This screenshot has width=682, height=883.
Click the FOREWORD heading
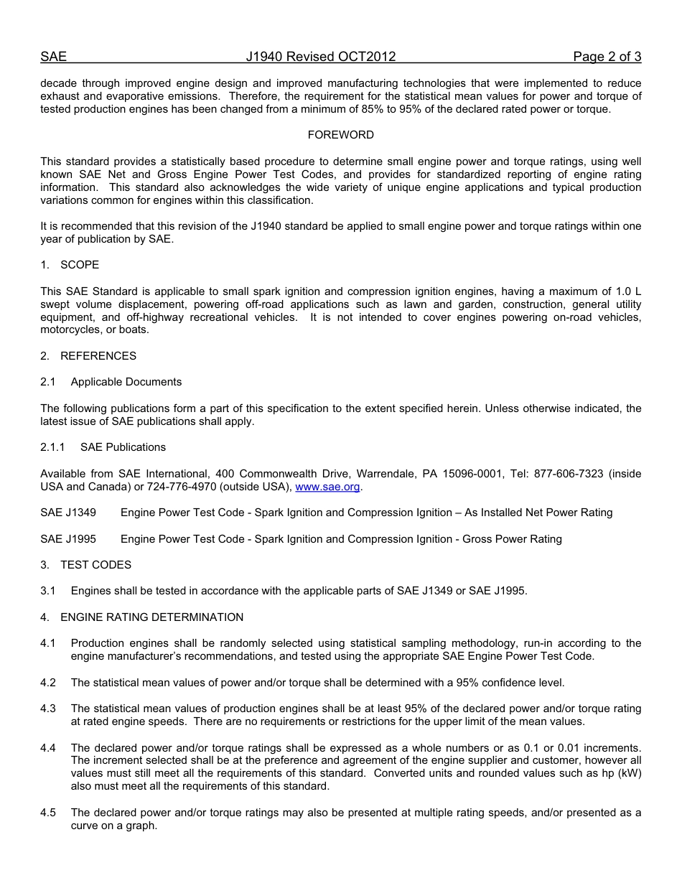tap(340, 135)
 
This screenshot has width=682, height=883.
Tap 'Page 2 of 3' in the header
tap(607, 57)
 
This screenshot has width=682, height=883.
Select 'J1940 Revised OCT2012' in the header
tap(320, 57)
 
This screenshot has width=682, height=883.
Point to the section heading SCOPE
tap(80, 265)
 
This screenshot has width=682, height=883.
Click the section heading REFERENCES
tap(98, 356)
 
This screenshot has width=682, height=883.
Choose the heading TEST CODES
tap(95, 565)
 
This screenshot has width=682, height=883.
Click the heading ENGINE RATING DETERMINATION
tap(151, 617)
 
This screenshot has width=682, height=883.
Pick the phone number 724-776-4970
tap(207, 487)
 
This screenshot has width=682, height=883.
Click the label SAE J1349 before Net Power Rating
tap(68, 513)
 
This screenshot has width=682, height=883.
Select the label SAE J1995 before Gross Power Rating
tap(68, 539)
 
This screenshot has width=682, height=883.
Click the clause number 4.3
tap(48, 709)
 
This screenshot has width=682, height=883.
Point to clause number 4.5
tap(48, 813)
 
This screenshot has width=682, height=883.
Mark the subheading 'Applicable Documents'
tap(126, 382)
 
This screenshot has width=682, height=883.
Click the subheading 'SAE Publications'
tap(123, 447)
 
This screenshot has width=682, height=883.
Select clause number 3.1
tap(48, 591)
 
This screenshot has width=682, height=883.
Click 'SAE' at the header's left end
tap(53, 57)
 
